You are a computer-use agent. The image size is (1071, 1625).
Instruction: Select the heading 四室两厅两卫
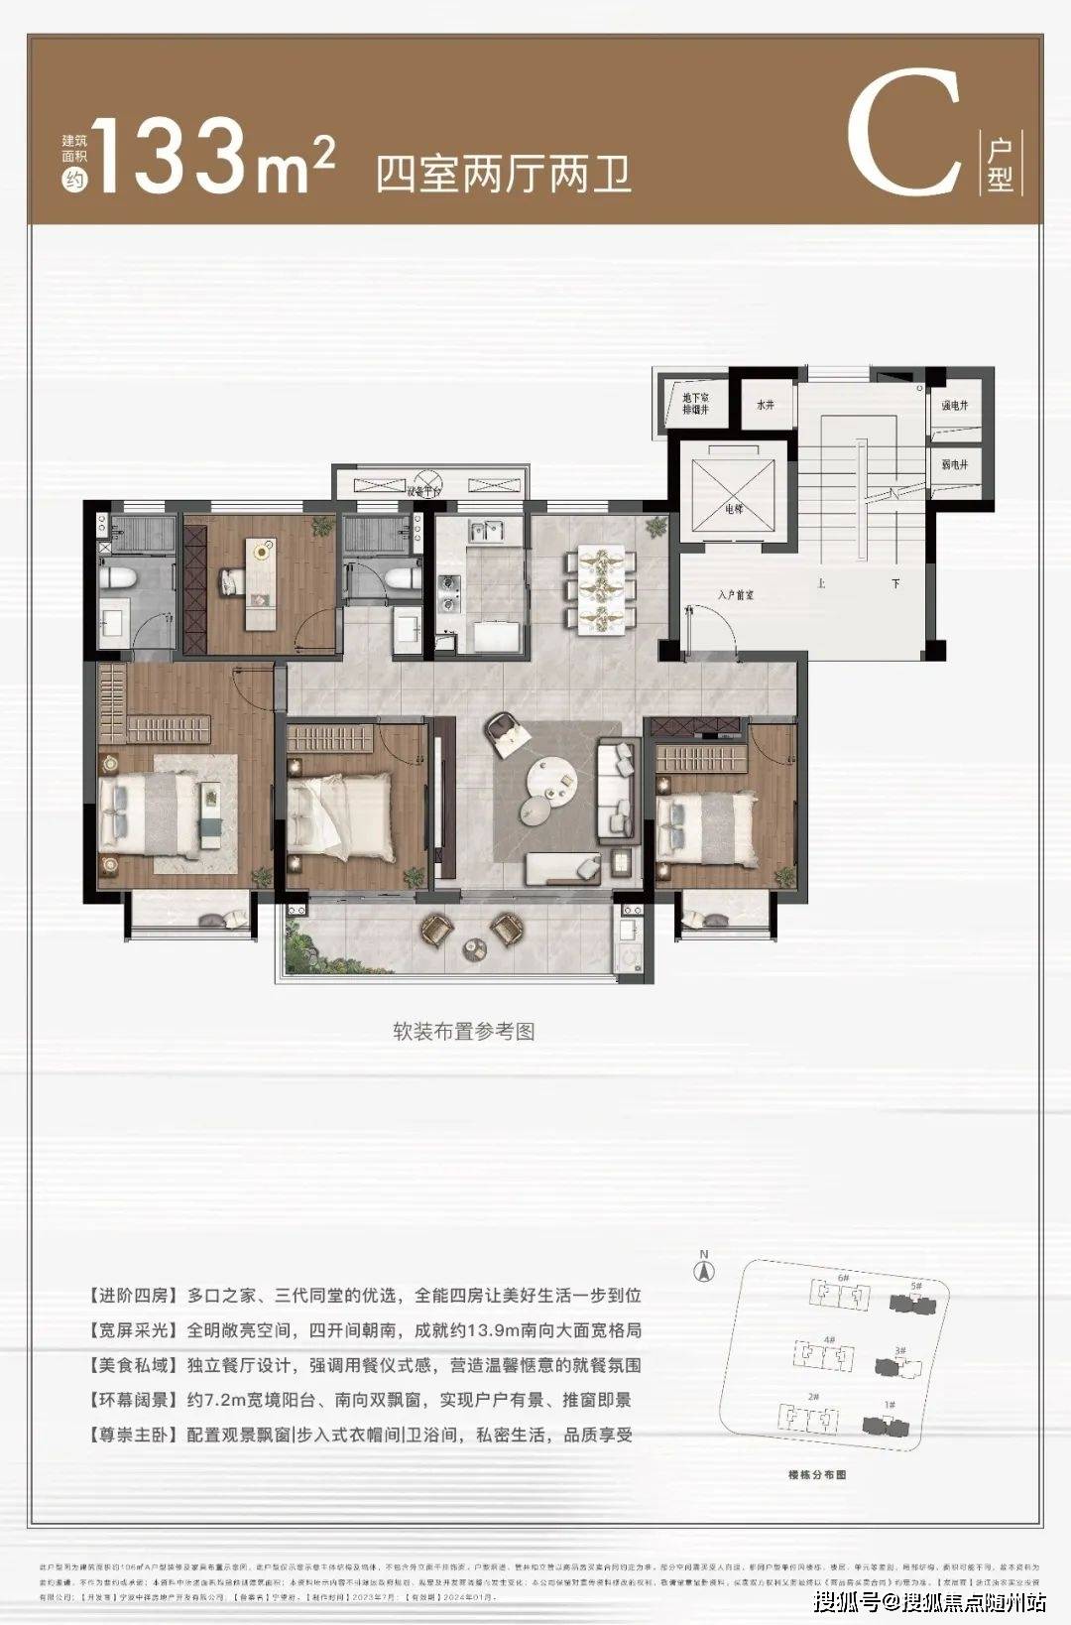tap(503, 175)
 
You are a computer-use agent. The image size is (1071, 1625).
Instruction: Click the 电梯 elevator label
tap(733, 509)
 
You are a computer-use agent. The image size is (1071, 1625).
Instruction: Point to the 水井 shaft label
tap(765, 405)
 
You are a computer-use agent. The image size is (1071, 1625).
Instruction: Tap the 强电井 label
tap(954, 406)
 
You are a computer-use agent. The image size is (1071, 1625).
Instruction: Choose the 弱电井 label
tap(954, 464)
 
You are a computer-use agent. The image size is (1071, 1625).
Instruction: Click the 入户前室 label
tap(736, 595)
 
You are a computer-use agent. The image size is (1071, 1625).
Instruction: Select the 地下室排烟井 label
tap(695, 403)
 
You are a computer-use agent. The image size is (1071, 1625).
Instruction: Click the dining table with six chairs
tap(600, 588)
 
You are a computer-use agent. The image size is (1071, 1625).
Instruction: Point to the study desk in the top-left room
tap(261, 585)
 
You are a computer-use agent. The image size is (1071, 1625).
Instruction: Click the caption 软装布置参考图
tap(463, 1031)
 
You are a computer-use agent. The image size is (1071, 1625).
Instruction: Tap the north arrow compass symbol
tap(705, 1267)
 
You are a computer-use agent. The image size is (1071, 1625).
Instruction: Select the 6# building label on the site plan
tap(844, 1277)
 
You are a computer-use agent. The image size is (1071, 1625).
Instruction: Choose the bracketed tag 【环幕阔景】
tap(133, 1400)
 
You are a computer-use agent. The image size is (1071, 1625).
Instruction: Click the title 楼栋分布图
tap(817, 1475)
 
